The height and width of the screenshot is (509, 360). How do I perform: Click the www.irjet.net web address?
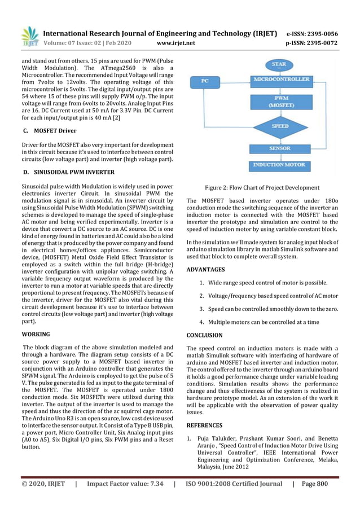[x=176, y=43]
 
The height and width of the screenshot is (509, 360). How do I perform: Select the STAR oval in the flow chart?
[x=279, y=64]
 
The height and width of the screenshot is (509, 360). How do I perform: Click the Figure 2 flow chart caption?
[x=262, y=188]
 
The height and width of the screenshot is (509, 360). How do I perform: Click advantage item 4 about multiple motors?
[x=259, y=322]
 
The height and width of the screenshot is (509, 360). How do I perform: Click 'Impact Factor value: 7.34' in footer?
[x=125, y=484]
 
